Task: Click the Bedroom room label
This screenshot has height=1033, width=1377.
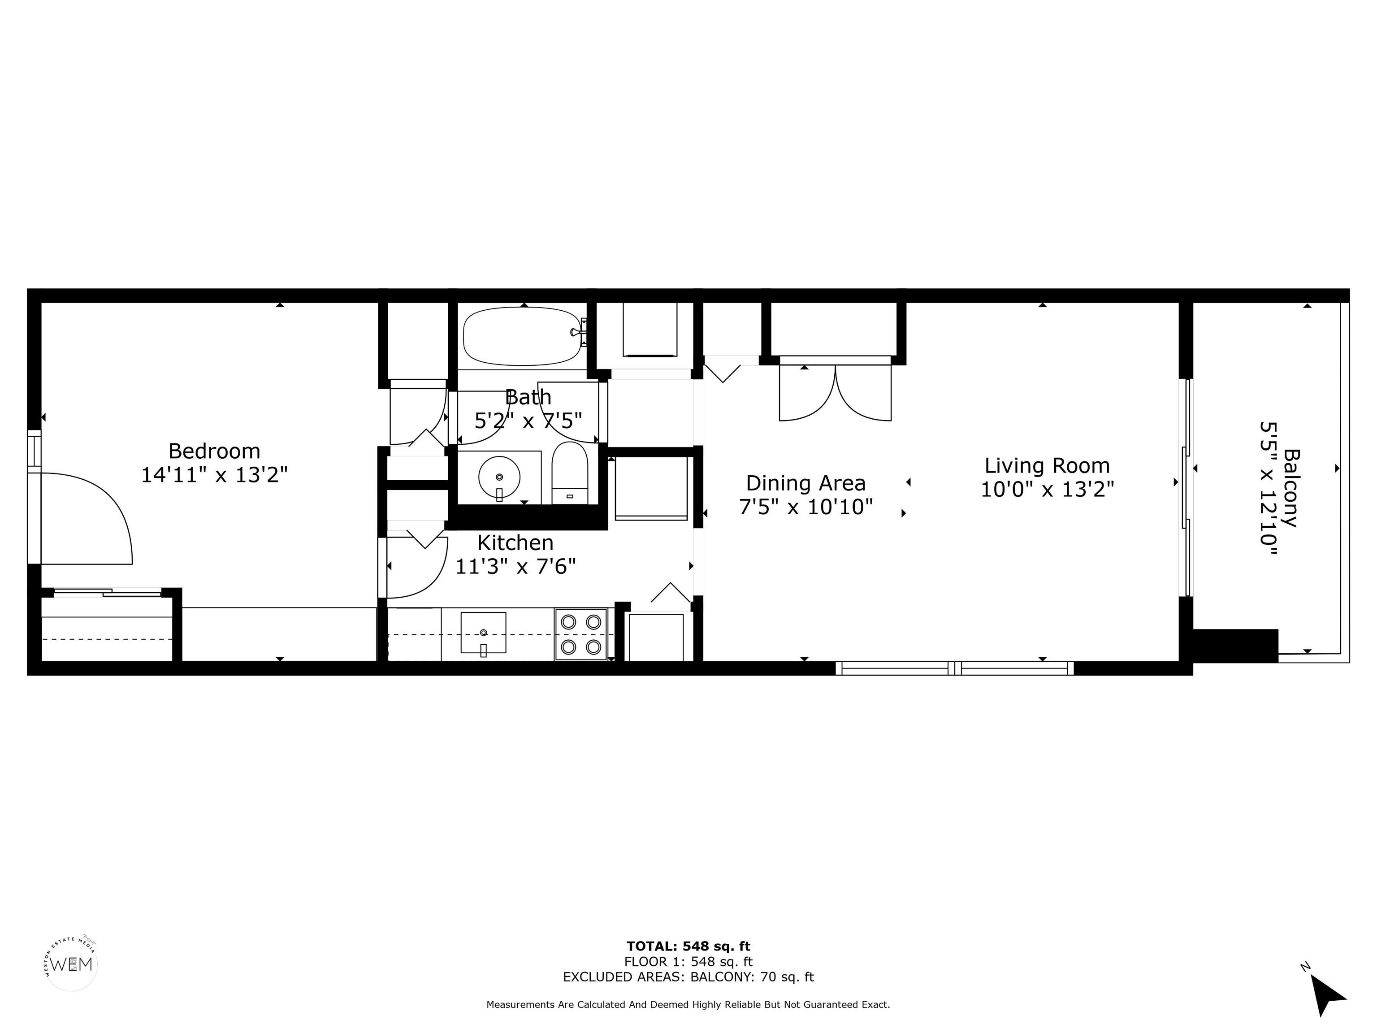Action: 214,451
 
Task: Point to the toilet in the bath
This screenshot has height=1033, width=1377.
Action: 570,473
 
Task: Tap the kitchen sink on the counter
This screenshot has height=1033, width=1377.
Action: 483,633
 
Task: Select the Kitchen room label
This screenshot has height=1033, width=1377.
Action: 515,543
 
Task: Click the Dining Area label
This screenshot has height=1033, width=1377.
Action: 805,483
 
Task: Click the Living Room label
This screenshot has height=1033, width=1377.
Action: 1047,466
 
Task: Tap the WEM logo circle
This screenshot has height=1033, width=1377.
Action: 72,964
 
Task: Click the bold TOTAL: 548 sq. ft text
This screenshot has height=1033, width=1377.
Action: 688,947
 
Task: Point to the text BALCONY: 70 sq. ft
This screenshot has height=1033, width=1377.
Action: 752,977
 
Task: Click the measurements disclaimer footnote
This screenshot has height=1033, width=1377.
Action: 688,1004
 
